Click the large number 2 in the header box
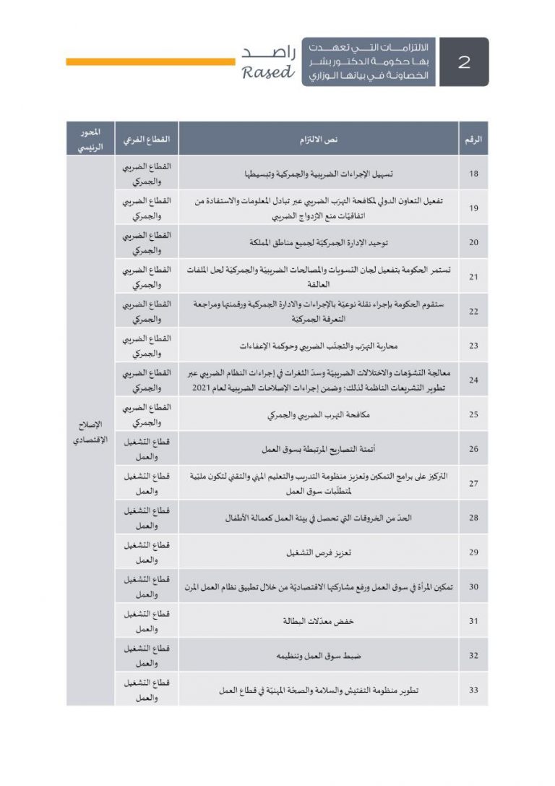(464, 62)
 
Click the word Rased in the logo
(268, 72)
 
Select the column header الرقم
(473, 139)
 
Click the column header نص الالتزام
(319, 139)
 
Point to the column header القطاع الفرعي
(146, 139)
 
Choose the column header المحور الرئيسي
(90, 139)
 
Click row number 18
(473, 174)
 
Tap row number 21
(473, 277)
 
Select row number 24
(473, 380)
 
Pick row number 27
(473, 483)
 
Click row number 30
(473, 586)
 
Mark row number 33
(473, 690)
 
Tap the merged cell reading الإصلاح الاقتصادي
(90, 432)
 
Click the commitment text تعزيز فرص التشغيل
(319, 552)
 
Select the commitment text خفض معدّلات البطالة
(319, 621)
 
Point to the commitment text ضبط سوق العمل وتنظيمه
(319, 655)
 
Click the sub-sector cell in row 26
(146, 449)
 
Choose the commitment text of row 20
(319, 242)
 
